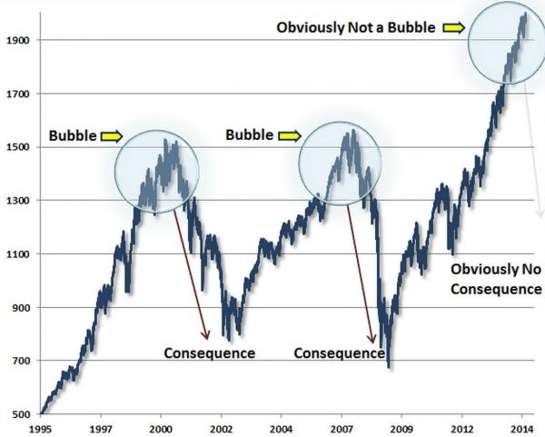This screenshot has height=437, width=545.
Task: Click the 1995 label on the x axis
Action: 42,426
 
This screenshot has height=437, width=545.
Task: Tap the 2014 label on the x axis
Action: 520,426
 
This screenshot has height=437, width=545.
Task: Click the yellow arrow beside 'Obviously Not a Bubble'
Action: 453,28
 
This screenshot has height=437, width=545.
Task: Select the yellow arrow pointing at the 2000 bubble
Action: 110,135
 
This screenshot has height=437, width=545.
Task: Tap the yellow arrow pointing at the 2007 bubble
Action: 288,135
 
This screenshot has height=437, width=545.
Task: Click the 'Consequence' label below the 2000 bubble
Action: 209,352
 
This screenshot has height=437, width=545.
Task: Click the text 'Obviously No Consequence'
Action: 496,279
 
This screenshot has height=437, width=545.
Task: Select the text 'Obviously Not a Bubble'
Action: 357,28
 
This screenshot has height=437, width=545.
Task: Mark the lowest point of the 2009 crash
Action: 389,366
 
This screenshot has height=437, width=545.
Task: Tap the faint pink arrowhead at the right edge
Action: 540,214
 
